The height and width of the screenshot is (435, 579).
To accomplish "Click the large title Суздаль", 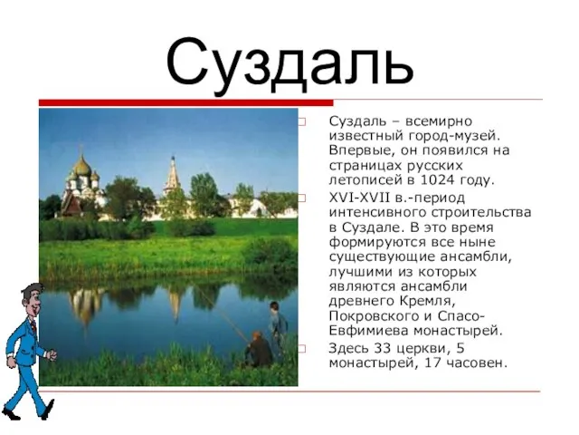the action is pyautogui.click(x=289, y=63).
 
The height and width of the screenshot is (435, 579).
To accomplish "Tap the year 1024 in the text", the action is pyautogui.click(x=437, y=180).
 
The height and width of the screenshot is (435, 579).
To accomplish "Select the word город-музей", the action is pyautogui.click(x=454, y=136).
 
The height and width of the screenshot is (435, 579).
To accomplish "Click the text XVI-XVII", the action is pyautogui.click(x=359, y=198).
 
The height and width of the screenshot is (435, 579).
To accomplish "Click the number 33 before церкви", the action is pyautogui.click(x=383, y=348).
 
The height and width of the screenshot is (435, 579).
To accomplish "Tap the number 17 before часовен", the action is pyautogui.click(x=433, y=363).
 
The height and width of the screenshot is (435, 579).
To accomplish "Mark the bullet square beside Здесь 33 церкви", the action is pyautogui.click(x=302, y=348).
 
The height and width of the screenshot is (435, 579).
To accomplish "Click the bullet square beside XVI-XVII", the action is pyautogui.click(x=302, y=198).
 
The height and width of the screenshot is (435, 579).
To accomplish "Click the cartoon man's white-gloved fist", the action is pyautogui.click(x=51, y=354).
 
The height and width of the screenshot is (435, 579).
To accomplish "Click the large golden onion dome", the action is pyautogui.click(x=82, y=167).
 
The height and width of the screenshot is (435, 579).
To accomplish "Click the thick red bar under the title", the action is pyautogui.click(x=186, y=102).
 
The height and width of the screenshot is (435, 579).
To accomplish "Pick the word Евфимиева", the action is pyautogui.click(x=368, y=331).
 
